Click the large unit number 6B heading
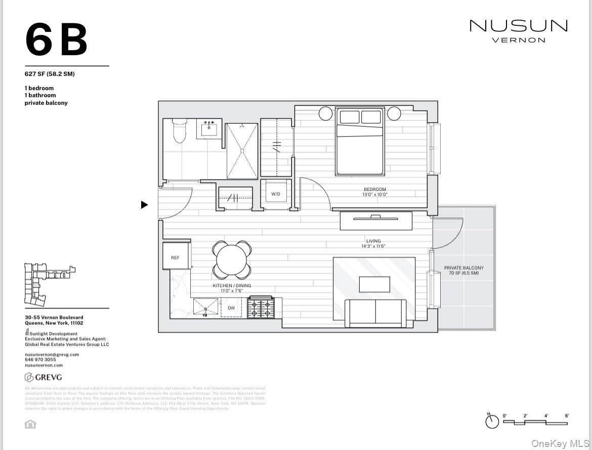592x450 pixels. [56, 40]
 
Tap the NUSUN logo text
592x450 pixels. [518, 26]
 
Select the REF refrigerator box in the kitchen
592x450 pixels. [175, 257]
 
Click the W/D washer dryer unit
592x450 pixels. [276, 194]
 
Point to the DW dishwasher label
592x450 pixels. [231, 308]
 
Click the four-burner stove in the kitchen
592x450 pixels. [260, 308]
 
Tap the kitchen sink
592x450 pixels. [205, 307]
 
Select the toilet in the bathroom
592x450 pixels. [180, 131]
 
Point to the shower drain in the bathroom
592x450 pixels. [242, 150]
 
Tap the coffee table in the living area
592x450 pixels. [374, 284]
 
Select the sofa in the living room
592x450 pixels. [375, 312]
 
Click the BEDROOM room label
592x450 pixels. [374, 189]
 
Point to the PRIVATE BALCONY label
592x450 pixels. [463, 268]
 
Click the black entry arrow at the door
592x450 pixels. [145, 205]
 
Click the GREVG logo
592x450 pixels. [44, 377]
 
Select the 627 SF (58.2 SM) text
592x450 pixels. [50, 74]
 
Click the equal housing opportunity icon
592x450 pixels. [30, 424]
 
